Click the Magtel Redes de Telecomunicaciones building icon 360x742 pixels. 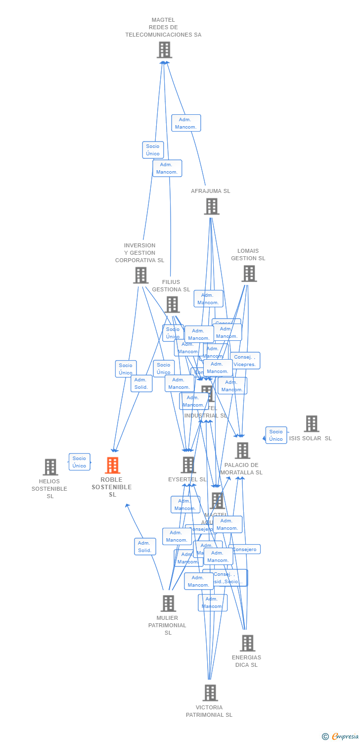165,50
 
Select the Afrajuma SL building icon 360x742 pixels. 212,206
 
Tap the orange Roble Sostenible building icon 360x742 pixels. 113,465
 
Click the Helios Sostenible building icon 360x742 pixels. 50,467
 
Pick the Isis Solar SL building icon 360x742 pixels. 312,424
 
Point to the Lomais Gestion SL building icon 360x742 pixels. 249,274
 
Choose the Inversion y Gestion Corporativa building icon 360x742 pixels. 141,276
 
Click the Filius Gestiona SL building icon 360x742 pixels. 172,305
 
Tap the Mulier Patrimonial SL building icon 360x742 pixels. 168,603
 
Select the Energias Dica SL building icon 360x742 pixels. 247,643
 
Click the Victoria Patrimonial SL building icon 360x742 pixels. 210,693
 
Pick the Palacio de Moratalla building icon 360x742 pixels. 242,451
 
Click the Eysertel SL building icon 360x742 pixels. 188,465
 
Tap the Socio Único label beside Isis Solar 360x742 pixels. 276,435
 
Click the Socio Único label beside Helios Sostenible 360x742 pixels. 79,462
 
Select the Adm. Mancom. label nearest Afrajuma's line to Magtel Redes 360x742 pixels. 186,123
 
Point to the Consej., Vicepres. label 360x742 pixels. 245,361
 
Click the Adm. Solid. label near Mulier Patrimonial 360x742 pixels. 145,547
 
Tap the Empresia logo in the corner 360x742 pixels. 340,737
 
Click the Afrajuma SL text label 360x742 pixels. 211,191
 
